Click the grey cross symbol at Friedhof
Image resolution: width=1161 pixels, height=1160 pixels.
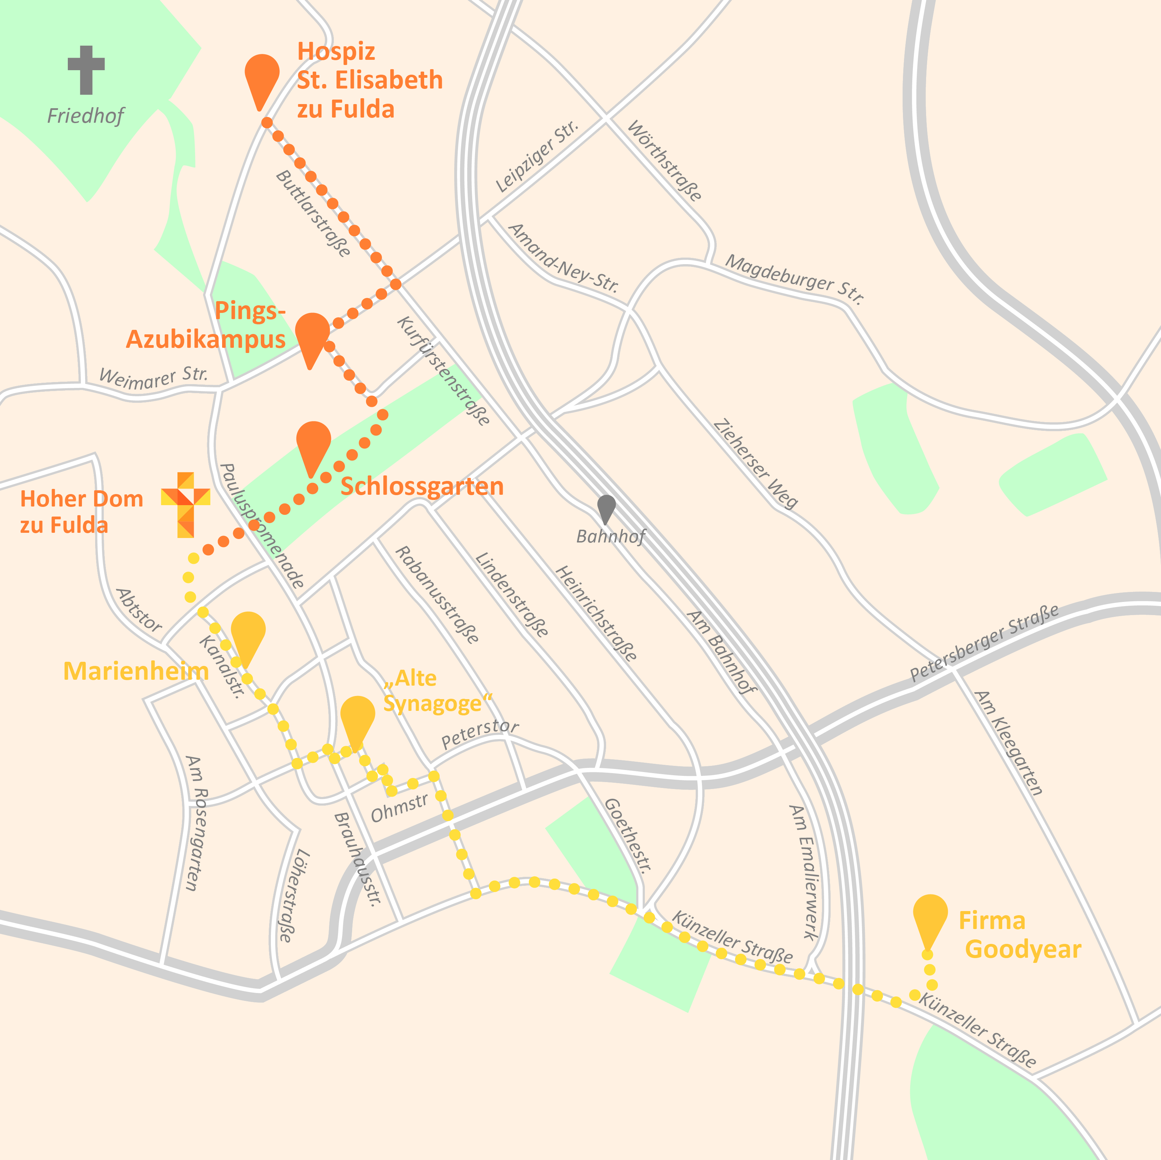86,69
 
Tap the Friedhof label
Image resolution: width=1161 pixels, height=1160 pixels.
85,115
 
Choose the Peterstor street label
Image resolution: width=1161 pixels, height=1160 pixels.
479,733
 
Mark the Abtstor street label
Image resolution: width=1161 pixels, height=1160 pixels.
139,610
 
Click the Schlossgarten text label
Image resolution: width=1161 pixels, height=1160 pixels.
422,486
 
